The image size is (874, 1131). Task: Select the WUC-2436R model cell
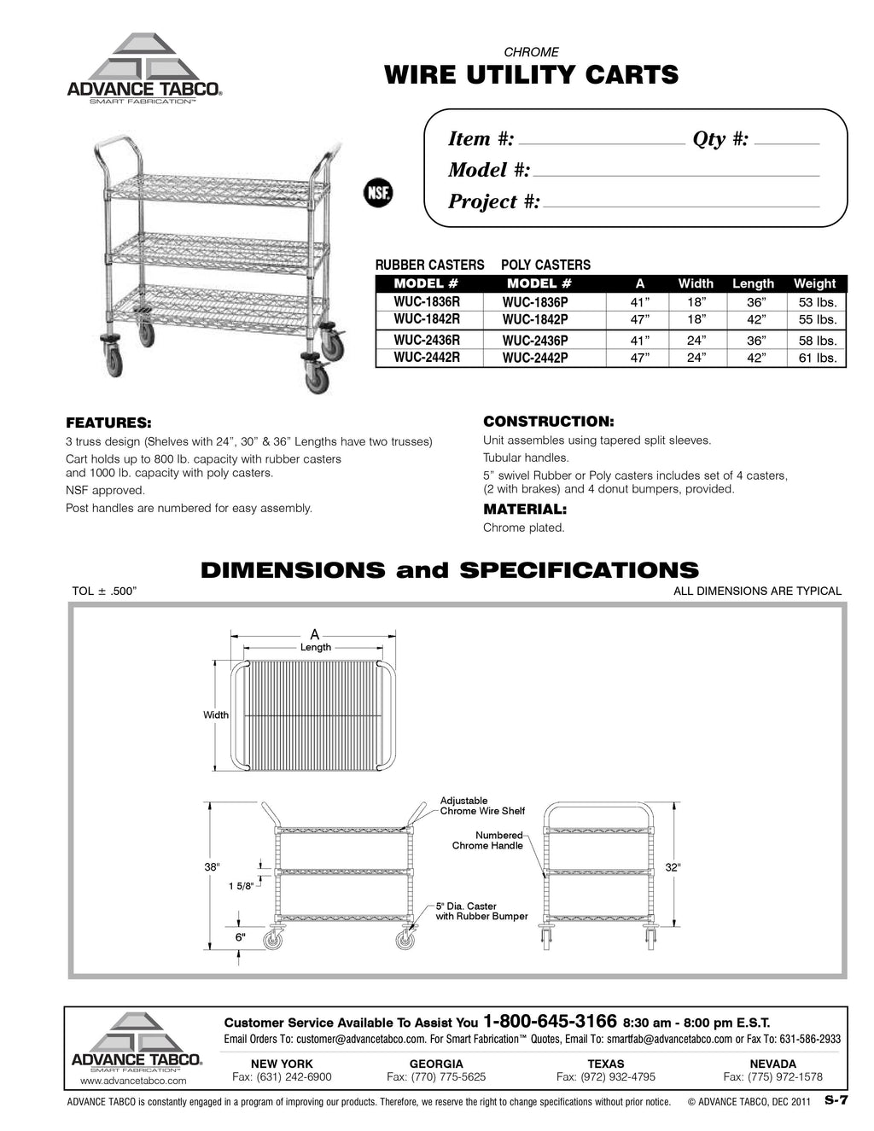tap(427, 340)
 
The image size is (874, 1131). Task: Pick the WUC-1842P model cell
tap(535, 320)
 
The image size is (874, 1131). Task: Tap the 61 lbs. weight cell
tap(817, 358)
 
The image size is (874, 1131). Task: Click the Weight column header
tap(814, 283)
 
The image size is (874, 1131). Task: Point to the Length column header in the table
tap(753, 283)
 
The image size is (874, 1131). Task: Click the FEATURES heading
tap(109, 423)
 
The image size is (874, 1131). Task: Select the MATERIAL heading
tap(525, 509)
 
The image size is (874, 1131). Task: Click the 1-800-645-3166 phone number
tap(550, 1021)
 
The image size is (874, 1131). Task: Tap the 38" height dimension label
tap(213, 867)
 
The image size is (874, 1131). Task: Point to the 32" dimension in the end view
tap(673, 867)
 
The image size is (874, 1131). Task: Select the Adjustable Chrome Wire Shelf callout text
tap(482, 806)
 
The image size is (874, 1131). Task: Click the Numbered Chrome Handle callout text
tap(488, 840)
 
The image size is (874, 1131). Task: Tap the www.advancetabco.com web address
tap(133, 1081)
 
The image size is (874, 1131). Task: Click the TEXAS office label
tap(606, 1064)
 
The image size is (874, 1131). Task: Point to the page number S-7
tap(836, 1101)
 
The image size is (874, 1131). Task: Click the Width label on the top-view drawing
tap(216, 714)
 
